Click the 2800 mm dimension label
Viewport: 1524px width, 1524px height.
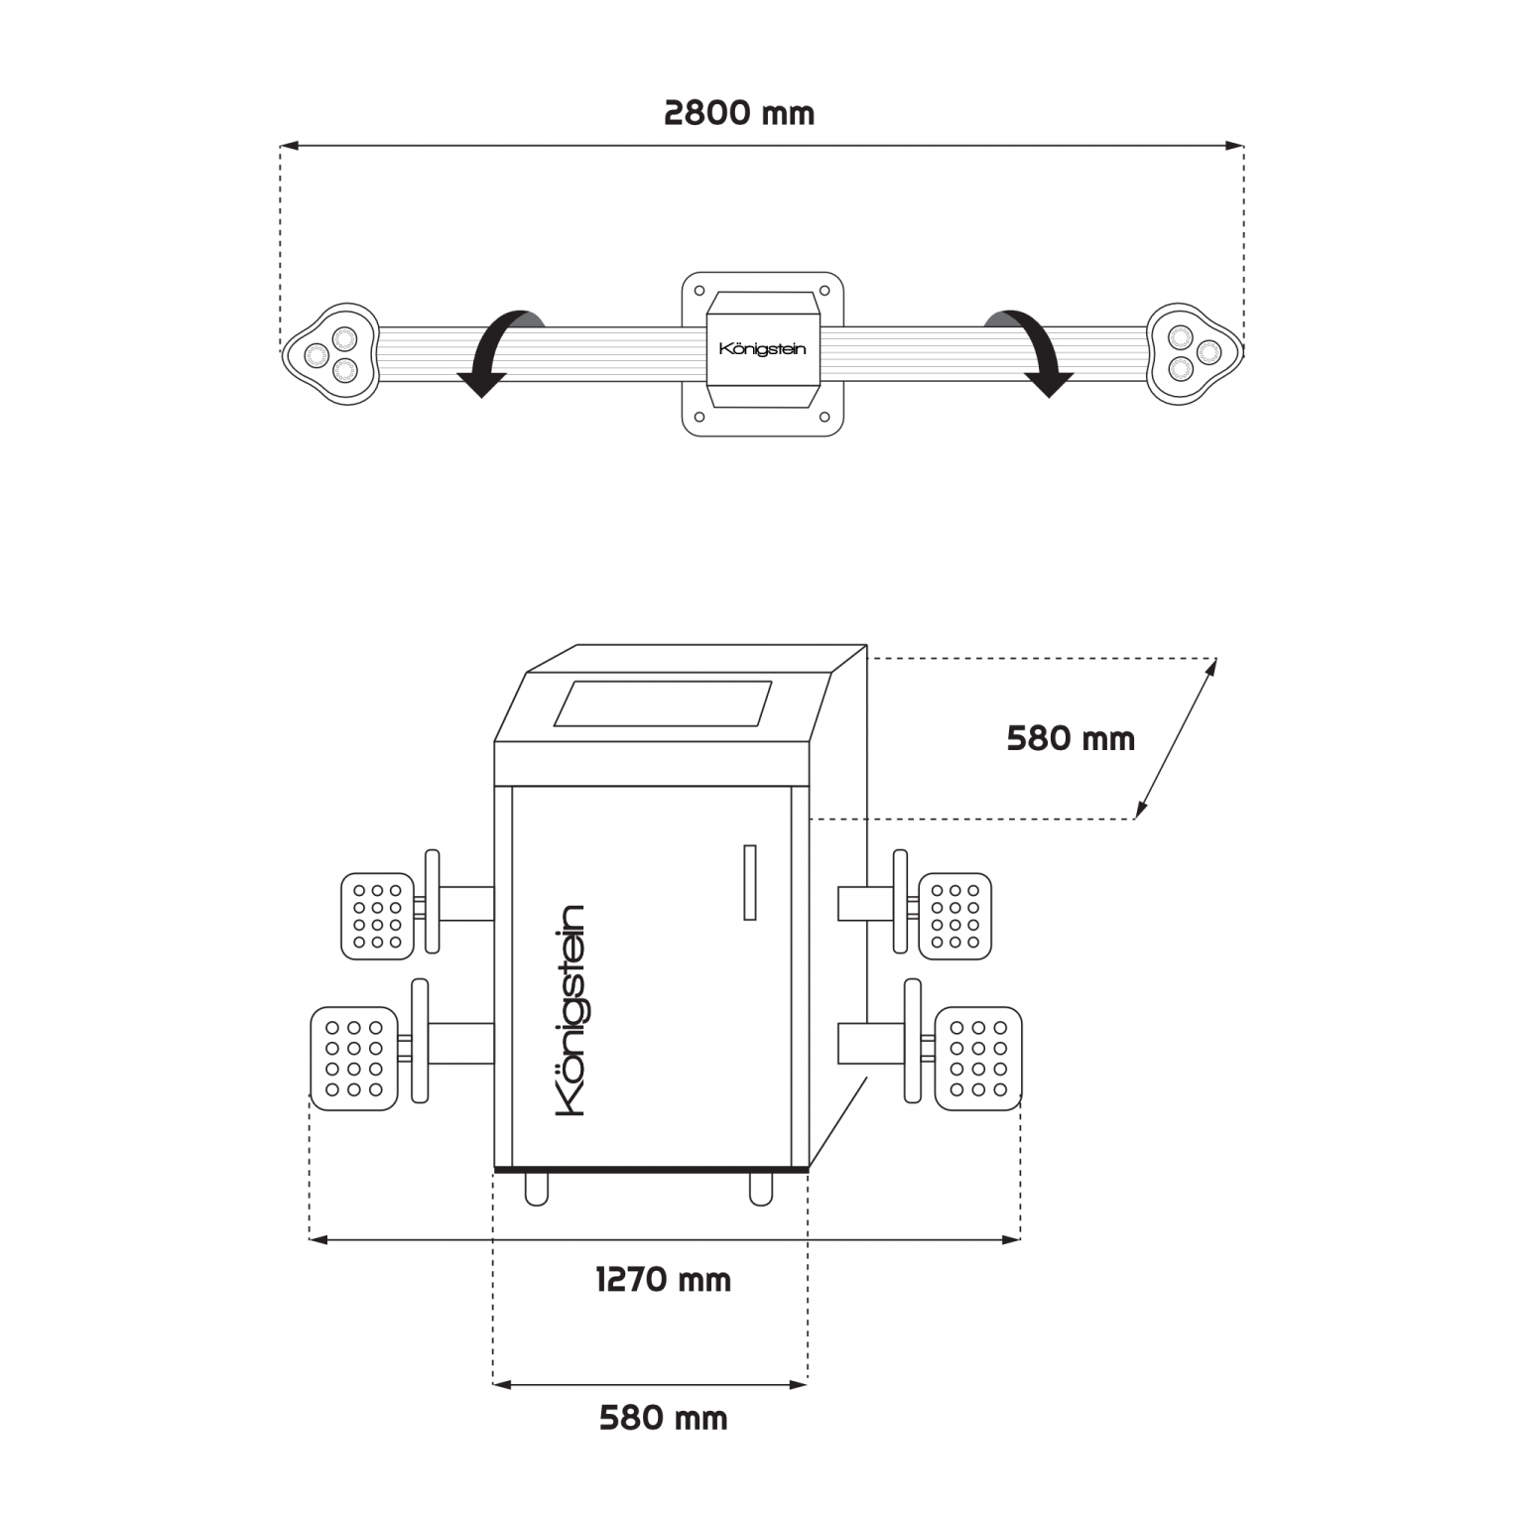coord(739,113)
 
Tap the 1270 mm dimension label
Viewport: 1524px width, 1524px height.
coord(664,1280)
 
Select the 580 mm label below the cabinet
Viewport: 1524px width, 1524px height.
coord(664,1418)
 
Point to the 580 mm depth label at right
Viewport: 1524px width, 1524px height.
coord(1071,739)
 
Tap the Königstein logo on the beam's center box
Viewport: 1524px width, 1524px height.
coord(762,349)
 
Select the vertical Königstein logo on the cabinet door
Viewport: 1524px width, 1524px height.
coord(571,1010)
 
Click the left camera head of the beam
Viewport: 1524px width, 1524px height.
coord(331,353)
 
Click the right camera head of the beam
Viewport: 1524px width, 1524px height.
coord(1195,353)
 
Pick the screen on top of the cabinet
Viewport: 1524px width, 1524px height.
coord(663,703)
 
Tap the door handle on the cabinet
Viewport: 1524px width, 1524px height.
coord(750,882)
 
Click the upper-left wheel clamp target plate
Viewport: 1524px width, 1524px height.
coord(377,916)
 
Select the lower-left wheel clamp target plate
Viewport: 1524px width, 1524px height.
coord(354,1059)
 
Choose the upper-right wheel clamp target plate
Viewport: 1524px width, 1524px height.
coord(955,916)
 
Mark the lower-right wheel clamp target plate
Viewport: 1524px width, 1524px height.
coord(978,1059)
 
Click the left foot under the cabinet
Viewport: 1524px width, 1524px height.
coord(537,1189)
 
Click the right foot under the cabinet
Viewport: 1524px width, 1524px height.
coord(761,1189)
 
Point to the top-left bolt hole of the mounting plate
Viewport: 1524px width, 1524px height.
coord(699,292)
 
